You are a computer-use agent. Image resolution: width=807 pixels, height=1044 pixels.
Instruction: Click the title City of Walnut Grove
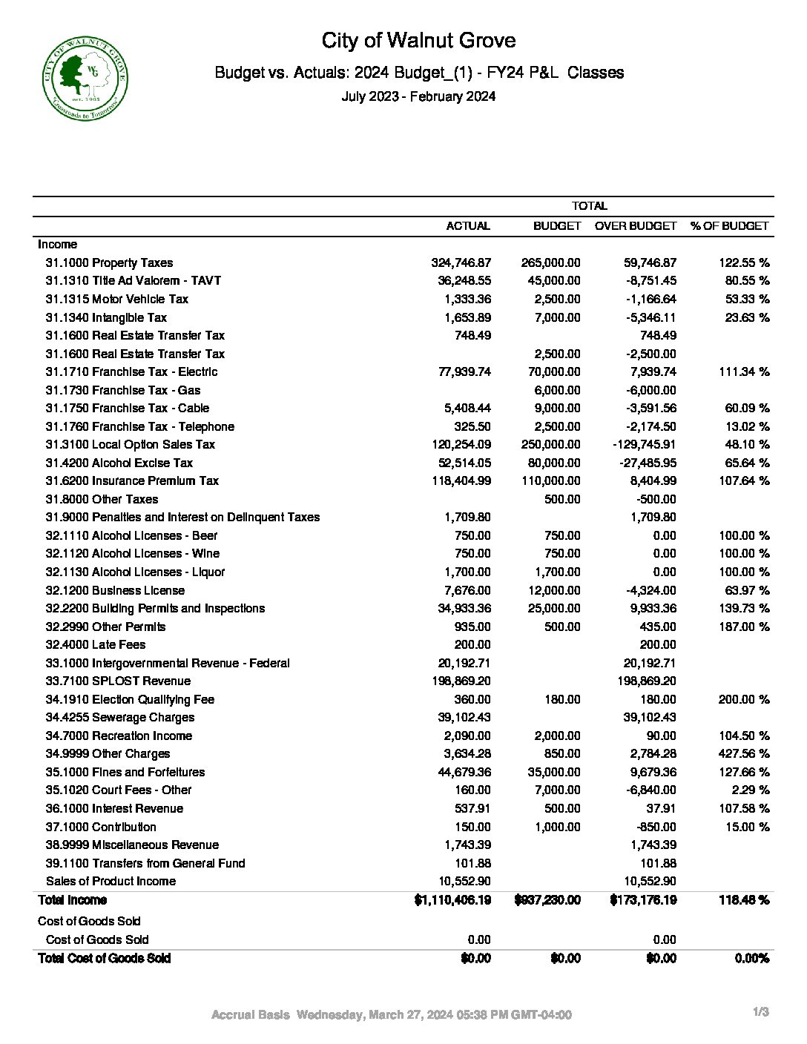418,40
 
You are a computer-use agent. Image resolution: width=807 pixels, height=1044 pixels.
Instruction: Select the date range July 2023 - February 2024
418,96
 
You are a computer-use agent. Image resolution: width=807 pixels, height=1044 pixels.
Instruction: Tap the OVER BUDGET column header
636,225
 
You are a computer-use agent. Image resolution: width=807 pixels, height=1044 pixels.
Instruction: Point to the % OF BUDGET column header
729,225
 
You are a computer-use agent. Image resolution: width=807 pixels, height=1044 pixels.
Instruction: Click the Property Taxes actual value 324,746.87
461,262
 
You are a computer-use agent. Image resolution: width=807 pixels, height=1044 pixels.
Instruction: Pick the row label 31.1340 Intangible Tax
106,317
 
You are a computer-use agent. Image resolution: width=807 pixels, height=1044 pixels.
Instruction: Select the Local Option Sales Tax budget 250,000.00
550,444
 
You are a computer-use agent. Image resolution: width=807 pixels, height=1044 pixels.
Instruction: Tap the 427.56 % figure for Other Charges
744,753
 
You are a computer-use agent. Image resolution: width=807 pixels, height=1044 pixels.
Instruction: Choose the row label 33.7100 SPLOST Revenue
118,681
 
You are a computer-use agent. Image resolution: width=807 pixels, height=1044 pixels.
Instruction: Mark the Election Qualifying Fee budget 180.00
563,699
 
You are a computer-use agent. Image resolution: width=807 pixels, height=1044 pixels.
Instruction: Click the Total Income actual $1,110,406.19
452,899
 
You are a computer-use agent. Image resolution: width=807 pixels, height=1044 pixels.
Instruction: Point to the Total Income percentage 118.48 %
744,899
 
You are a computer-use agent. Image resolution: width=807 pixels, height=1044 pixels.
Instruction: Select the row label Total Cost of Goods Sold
104,958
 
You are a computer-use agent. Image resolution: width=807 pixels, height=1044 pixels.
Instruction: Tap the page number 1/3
761,1011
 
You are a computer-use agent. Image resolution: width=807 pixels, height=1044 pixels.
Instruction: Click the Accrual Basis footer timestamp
392,1014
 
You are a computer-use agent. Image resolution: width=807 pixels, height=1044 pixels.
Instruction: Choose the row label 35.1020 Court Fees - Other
119,790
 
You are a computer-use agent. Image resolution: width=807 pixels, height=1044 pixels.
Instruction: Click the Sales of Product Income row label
111,881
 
